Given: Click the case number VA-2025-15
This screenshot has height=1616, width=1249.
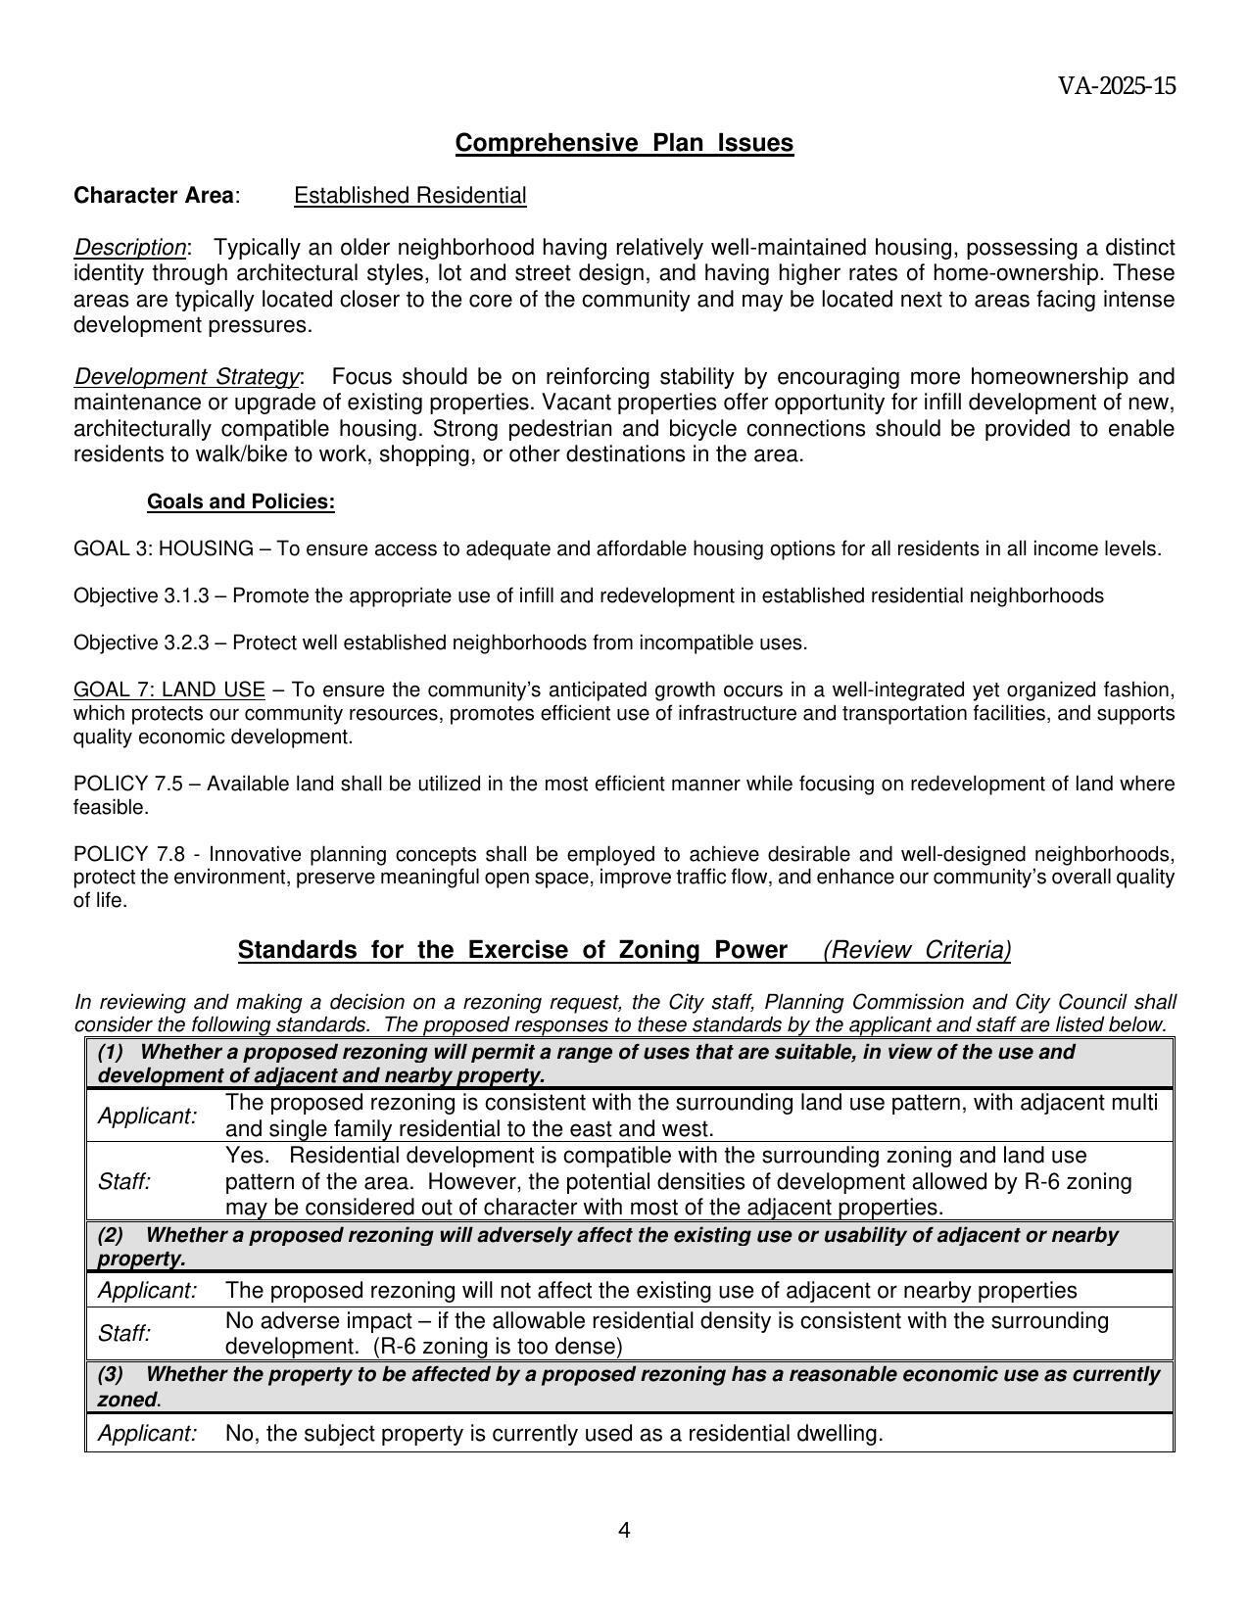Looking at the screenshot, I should click(x=1116, y=86).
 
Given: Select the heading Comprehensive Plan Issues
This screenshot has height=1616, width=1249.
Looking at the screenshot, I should click(x=624, y=143).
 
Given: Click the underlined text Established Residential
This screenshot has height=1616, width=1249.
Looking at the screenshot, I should click(x=409, y=196).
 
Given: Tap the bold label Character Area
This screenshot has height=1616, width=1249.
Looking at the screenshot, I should click(x=154, y=196).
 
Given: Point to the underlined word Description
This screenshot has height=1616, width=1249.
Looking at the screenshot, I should click(x=129, y=247).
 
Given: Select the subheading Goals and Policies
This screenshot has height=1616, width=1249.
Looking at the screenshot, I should click(x=240, y=502).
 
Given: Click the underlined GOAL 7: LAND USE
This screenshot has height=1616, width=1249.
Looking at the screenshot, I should click(x=168, y=690).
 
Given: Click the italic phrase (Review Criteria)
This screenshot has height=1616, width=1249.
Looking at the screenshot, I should click(x=917, y=951).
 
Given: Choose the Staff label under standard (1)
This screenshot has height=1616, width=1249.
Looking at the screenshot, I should click(x=123, y=1182).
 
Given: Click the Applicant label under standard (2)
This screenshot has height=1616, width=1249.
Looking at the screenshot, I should click(x=147, y=1291).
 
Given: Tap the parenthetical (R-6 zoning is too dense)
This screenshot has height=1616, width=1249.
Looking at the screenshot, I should click(x=498, y=1347).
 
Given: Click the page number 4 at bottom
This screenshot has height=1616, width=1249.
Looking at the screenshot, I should click(x=624, y=1531).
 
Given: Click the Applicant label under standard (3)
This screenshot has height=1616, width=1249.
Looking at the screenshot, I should click(x=147, y=1434).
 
